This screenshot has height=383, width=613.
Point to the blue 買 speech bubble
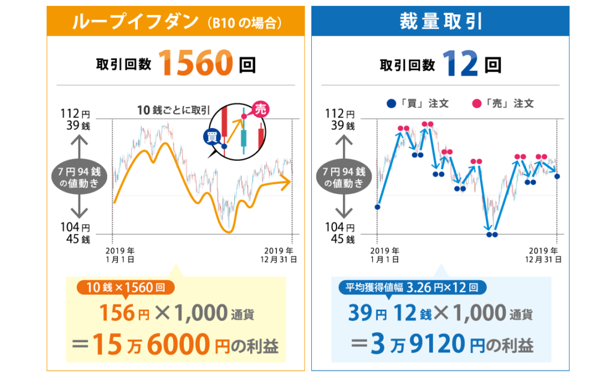point(211,137)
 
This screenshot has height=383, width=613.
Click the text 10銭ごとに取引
point(173,110)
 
